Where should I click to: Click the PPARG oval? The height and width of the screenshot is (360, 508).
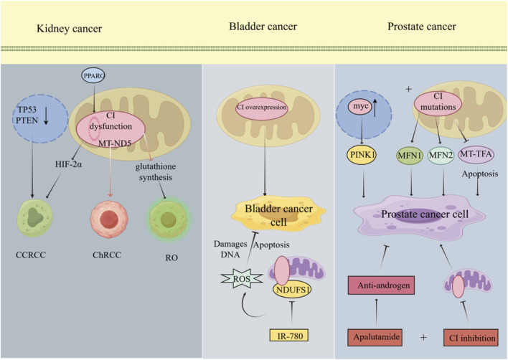click(x=93, y=76)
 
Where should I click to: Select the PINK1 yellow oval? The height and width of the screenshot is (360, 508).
click(x=361, y=155)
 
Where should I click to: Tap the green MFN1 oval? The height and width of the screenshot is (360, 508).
click(x=410, y=156)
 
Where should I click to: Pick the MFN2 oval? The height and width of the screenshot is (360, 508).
click(x=441, y=156)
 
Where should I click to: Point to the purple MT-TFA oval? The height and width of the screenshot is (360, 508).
click(x=476, y=154)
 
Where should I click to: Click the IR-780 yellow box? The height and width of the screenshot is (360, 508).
click(x=288, y=336)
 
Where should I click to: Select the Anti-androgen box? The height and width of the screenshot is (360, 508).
click(x=381, y=285)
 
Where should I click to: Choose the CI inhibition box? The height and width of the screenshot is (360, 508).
click(x=471, y=338)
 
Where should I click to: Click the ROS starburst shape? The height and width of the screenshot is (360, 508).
click(x=242, y=278)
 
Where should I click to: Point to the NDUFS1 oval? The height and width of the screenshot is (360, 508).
click(x=292, y=289)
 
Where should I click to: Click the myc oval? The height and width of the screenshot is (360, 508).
click(x=361, y=106)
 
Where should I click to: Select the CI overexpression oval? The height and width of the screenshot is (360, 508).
click(x=262, y=108)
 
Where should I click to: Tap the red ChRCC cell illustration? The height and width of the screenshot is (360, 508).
click(x=109, y=219)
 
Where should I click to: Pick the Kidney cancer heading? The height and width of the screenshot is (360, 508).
click(x=70, y=29)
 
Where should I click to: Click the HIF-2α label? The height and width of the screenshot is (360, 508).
click(x=68, y=164)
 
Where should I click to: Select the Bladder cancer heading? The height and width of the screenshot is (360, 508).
click(x=263, y=27)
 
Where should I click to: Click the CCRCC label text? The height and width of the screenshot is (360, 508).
click(x=31, y=255)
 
